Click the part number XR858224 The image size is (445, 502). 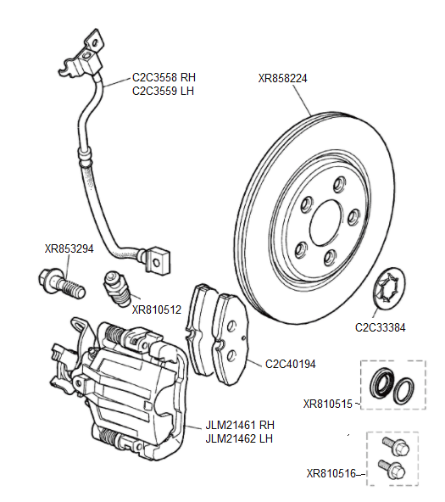coord(282,77)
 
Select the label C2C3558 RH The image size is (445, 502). coord(164,77)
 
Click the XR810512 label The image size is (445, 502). coord(157,310)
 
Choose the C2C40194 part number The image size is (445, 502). coord(290,364)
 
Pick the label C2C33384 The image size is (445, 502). coord(381,326)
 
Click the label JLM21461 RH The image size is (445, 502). coord(240,425)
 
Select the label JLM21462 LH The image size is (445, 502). coord(240,438)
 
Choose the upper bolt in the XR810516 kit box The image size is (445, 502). coord(394,445)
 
